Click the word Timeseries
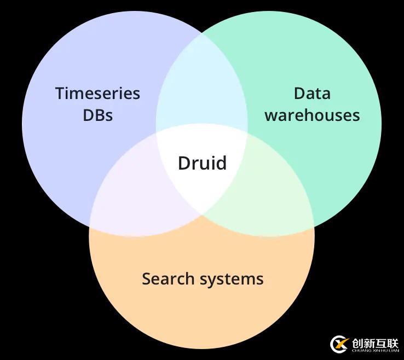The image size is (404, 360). point(97,94)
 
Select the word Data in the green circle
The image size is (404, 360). point(312,93)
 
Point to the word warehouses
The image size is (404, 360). point(312,115)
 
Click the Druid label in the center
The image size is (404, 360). point(202,162)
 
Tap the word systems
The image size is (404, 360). point(232,279)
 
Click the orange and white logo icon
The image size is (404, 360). point(339,345)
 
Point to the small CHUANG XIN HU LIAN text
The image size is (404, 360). point(375,351)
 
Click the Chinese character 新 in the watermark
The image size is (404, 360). point(369,342)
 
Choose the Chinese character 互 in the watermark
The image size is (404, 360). point(381,342)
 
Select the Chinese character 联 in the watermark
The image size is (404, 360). point(393,342)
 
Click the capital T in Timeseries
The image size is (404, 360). point(60,94)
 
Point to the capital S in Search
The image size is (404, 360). point(146,278)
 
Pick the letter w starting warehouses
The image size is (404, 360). point(270,117)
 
